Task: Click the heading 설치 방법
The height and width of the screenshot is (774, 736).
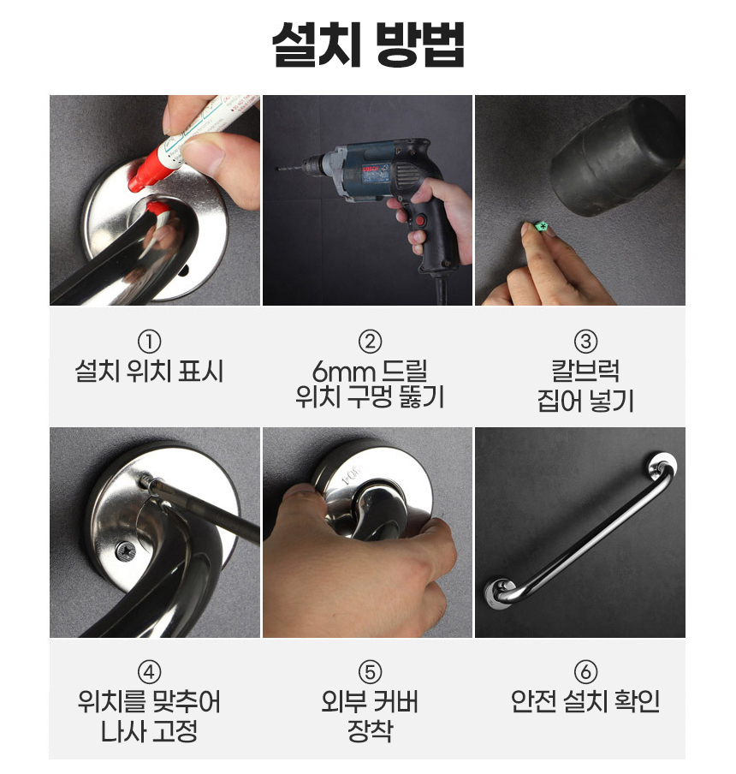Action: [x=368, y=45]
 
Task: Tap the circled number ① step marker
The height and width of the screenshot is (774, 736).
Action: [x=150, y=341]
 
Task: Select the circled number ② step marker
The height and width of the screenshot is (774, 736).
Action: [x=371, y=341]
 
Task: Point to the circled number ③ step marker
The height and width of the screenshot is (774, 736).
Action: [x=585, y=341]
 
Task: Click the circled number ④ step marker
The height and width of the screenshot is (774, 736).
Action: [x=150, y=672]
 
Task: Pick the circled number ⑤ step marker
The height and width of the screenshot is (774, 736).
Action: [x=371, y=672]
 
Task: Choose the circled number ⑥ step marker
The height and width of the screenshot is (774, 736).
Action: [x=585, y=672]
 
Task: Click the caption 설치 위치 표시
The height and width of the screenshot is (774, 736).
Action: [x=149, y=371]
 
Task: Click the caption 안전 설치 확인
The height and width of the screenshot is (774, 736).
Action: [x=585, y=701]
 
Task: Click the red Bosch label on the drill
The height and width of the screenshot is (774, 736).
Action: [x=371, y=170]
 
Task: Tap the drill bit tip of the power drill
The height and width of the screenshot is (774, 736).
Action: [x=277, y=169]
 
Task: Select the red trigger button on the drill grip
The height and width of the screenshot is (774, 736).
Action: [x=421, y=220]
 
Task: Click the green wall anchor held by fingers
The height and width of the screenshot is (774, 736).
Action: [x=541, y=227]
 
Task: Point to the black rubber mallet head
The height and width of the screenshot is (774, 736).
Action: [x=618, y=156]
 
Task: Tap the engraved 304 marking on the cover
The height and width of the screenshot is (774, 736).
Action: [x=351, y=476]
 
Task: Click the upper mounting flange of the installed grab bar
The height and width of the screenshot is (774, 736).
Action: [x=662, y=467]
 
